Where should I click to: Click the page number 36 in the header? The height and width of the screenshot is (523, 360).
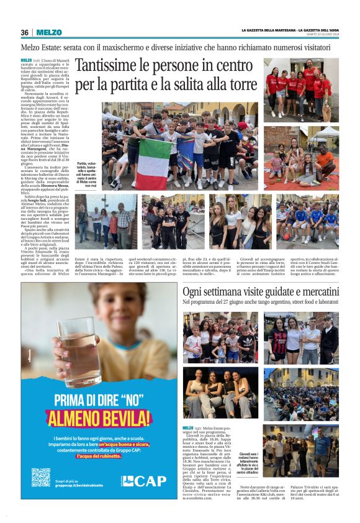[x=25, y=32]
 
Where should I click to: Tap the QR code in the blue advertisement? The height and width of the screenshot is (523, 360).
[x=41, y=477]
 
